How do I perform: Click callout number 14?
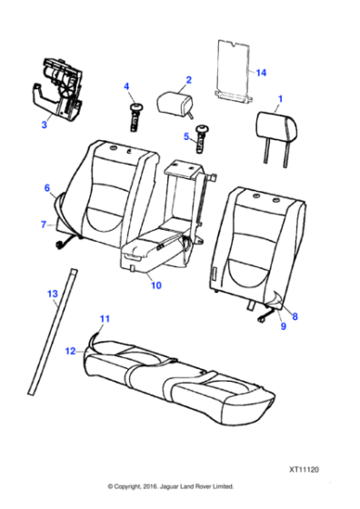pyautogui.click(x=261, y=73)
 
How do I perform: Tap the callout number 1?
pyautogui.click(x=281, y=99)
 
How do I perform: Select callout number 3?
pyautogui.click(x=45, y=125)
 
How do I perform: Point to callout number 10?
pyautogui.click(x=156, y=285)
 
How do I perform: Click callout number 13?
pyautogui.click(x=53, y=294)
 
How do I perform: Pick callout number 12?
pyautogui.click(x=70, y=351)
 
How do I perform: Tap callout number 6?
pyautogui.click(x=47, y=188)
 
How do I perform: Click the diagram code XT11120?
pyautogui.click(x=304, y=470)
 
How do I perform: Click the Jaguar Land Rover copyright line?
pyautogui.click(x=171, y=486)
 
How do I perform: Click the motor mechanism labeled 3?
pyautogui.click(x=58, y=89)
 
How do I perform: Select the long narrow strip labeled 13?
pyautogui.click(x=53, y=331)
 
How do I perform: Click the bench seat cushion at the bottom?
pyautogui.click(x=179, y=382)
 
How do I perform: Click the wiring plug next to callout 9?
pyautogui.click(x=265, y=316)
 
